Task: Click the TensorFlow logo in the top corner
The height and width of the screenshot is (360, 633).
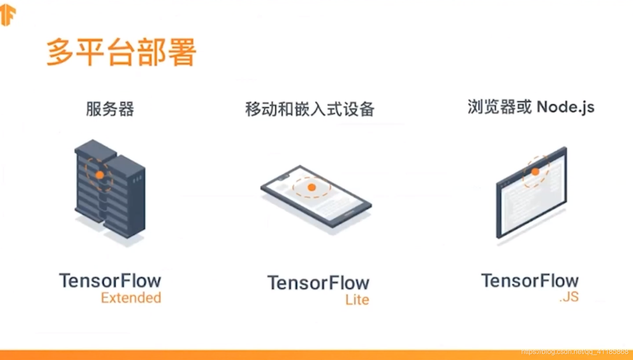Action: [x=8, y=15]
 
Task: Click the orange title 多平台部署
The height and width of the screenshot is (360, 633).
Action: [x=121, y=52]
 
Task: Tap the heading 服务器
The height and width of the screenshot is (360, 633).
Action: [x=110, y=109]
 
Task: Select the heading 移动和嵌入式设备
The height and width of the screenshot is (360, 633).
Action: [x=310, y=109]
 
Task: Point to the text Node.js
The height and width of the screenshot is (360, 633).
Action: [x=565, y=107]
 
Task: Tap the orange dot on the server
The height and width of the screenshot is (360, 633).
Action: [x=100, y=175]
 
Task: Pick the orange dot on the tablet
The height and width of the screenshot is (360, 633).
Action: [x=312, y=187]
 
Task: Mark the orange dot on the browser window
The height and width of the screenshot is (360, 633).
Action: [x=535, y=172]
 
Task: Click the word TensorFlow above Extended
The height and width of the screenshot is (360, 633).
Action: [x=110, y=281]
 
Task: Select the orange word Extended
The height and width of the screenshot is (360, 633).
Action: [x=131, y=298]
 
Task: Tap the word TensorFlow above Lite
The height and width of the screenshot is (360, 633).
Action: [x=318, y=283]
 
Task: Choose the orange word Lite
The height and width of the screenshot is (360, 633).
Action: [x=357, y=300]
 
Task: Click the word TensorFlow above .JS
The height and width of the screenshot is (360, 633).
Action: [x=530, y=281]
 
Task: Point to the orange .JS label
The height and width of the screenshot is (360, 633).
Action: [x=569, y=297]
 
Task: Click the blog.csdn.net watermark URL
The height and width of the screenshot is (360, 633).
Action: [x=574, y=352]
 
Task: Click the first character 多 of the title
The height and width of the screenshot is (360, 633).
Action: [x=59, y=52]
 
